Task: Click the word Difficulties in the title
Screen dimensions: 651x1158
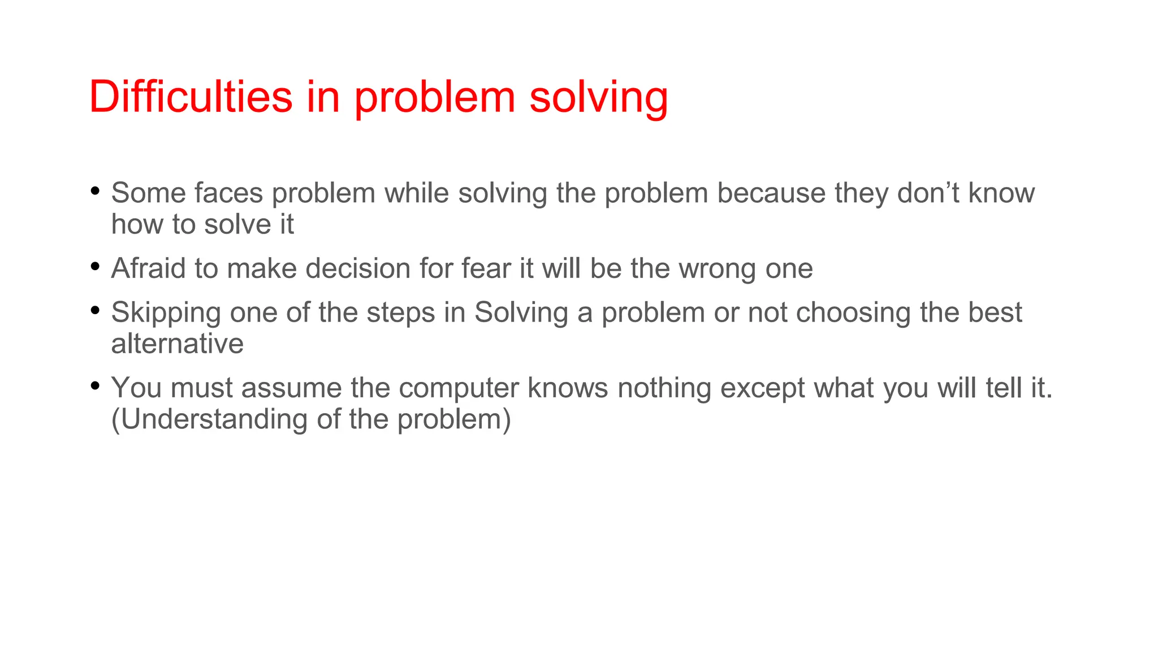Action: (191, 97)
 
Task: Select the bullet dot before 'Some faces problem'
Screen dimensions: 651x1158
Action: (95, 190)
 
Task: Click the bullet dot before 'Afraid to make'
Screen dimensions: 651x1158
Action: (95, 265)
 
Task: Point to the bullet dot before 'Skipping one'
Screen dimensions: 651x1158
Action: (95, 309)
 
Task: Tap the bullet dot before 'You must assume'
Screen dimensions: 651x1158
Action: (95, 385)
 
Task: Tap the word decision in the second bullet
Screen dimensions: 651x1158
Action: (358, 268)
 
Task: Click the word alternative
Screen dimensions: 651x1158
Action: (177, 344)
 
